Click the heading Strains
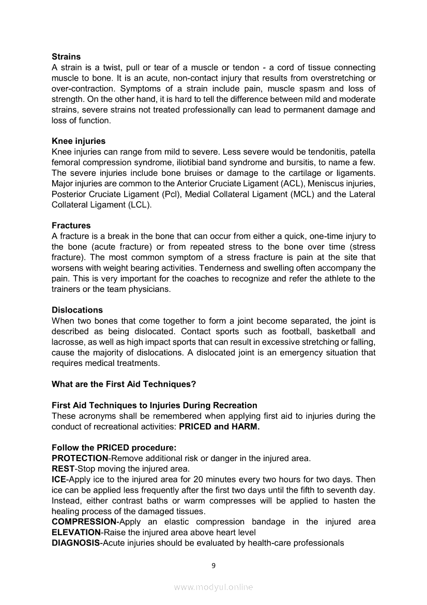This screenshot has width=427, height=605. pyautogui.click(x=66, y=56)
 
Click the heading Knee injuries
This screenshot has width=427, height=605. pyautogui.click(x=79, y=141)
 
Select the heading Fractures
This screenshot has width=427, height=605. pyautogui.click(x=71, y=225)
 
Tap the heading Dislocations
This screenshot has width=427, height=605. pyautogui.click(x=77, y=309)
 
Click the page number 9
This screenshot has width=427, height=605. pyautogui.click(x=213, y=565)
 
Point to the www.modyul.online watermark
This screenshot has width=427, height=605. pyautogui.click(x=213, y=587)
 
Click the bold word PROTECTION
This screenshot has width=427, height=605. pyautogui.click(x=80, y=458)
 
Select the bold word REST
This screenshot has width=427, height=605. pyautogui.click(x=63, y=469)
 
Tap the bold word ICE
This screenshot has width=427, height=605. pyautogui.click(x=58, y=479)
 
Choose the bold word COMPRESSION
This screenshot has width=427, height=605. pyautogui.click(x=84, y=522)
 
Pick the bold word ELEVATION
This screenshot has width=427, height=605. pyautogui.click(x=76, y=532)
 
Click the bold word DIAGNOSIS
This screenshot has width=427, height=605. pyautogui.click(x=75, y=543)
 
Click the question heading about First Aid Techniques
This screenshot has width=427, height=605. pyautogui.click(x=124, y=384)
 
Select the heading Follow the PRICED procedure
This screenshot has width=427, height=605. pyautogui.click(x=114, y=448)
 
